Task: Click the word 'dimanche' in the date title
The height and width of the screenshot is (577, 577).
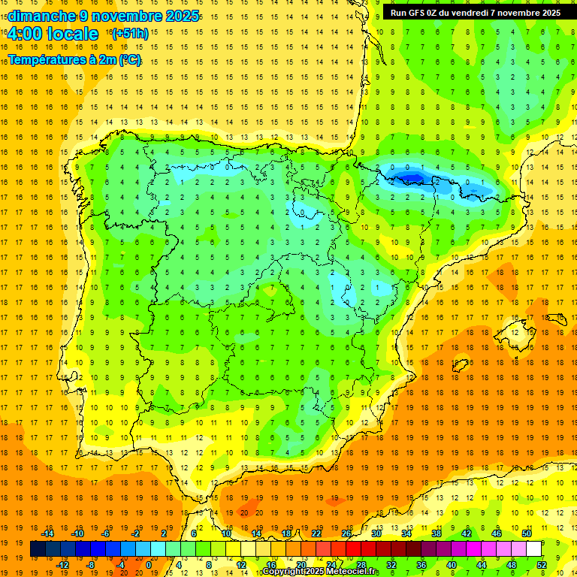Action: click(41, 16)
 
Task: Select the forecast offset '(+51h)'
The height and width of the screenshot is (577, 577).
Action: click(130, 34)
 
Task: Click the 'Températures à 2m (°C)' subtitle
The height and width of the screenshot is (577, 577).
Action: click(74, 59)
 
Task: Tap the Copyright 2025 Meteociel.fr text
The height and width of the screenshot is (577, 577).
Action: click(321, 572)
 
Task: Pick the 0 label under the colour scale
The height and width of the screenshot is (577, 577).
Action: click(148, 564)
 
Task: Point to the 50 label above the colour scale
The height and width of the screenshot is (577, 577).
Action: click(526, 533)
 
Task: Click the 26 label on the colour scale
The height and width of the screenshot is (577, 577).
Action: click(346, 533)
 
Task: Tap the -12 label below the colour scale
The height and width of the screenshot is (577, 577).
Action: click(62, 564)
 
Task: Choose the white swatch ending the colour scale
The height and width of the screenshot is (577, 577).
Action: click(533, 548)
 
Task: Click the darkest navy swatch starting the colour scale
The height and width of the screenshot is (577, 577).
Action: click(38, 548)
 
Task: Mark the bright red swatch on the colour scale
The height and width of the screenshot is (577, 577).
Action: click(353, 548)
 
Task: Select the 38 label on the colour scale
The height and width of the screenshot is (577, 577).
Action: click(437, 533)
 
